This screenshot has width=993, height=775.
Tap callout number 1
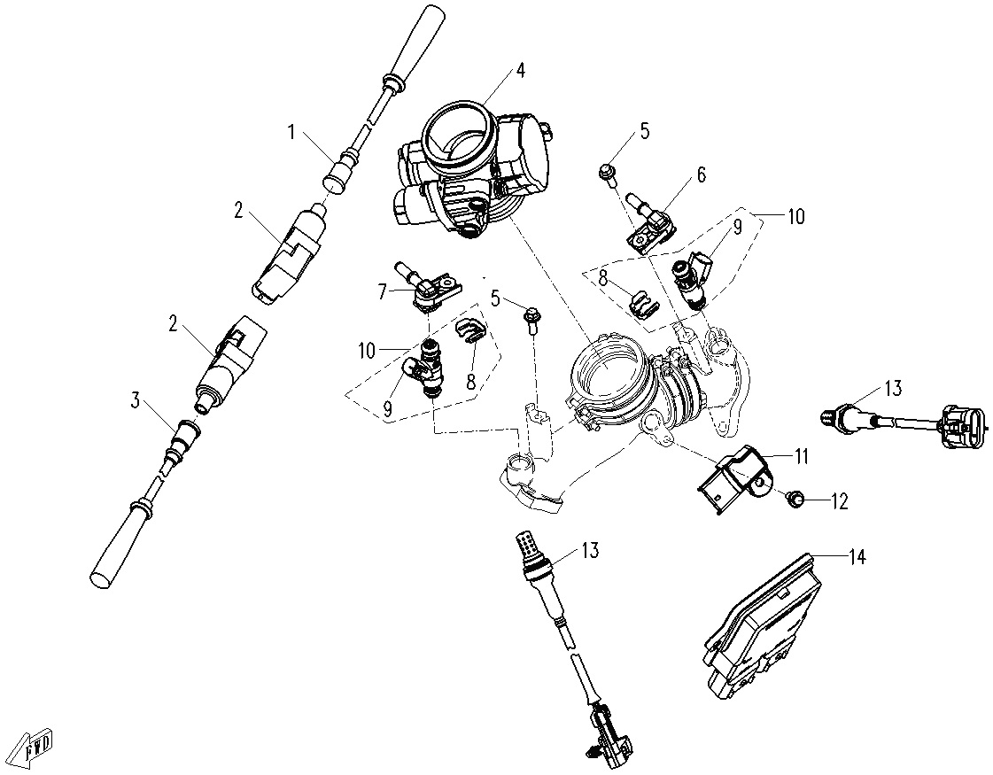pos(291,134)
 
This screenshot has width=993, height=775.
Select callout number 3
pos(136,400)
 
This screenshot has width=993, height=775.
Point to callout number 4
pos(521,71)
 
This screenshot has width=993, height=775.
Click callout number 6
pos(702,174)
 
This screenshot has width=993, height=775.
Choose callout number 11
pos(801,457)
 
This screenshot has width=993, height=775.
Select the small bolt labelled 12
pos(795,500)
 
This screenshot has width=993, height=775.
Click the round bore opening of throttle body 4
pos(457,133)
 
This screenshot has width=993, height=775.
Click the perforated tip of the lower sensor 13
pos(527,542)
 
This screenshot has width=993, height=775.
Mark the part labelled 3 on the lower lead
pos(185,435)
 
